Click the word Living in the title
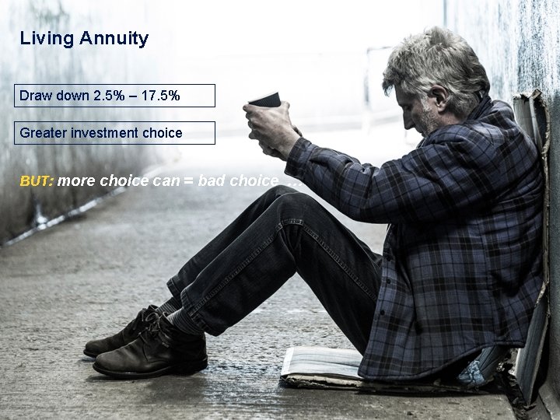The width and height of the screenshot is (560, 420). point(46,38)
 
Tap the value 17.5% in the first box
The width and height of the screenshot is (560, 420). point(160,96)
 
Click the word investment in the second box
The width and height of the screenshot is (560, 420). point(104,133)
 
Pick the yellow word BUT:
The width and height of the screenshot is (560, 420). point(37,181)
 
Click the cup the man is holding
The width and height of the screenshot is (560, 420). point(266,100)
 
